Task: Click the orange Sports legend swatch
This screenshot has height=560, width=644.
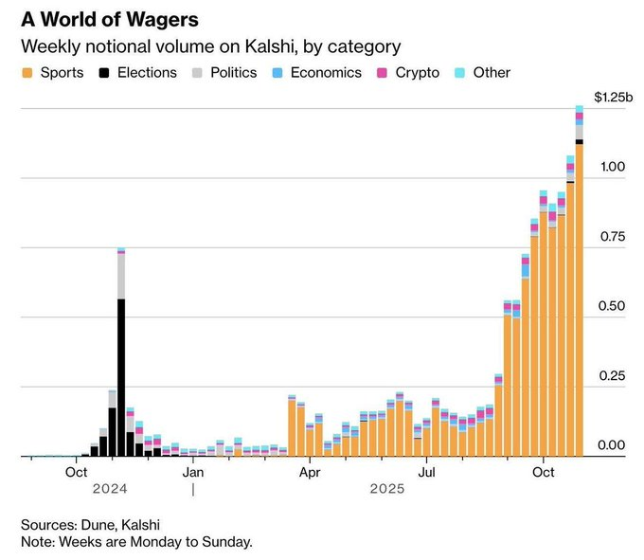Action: (x=27, y=73)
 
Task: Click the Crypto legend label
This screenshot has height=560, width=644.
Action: (x=417, y=73)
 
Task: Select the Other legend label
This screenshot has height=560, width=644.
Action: (x=491, y=73)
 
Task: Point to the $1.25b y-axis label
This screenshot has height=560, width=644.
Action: (x=613, y=97)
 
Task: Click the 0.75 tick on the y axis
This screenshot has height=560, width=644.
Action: (x=613, y=237)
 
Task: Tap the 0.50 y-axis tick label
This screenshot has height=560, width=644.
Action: (x=613, y=307)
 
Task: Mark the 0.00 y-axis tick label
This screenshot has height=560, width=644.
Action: (x=613, y=445)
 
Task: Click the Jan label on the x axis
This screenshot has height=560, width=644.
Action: (x=193, y=471)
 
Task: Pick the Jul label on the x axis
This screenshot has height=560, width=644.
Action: (x=427, y=471)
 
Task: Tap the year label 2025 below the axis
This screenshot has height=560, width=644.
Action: (x=387, y=489)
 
